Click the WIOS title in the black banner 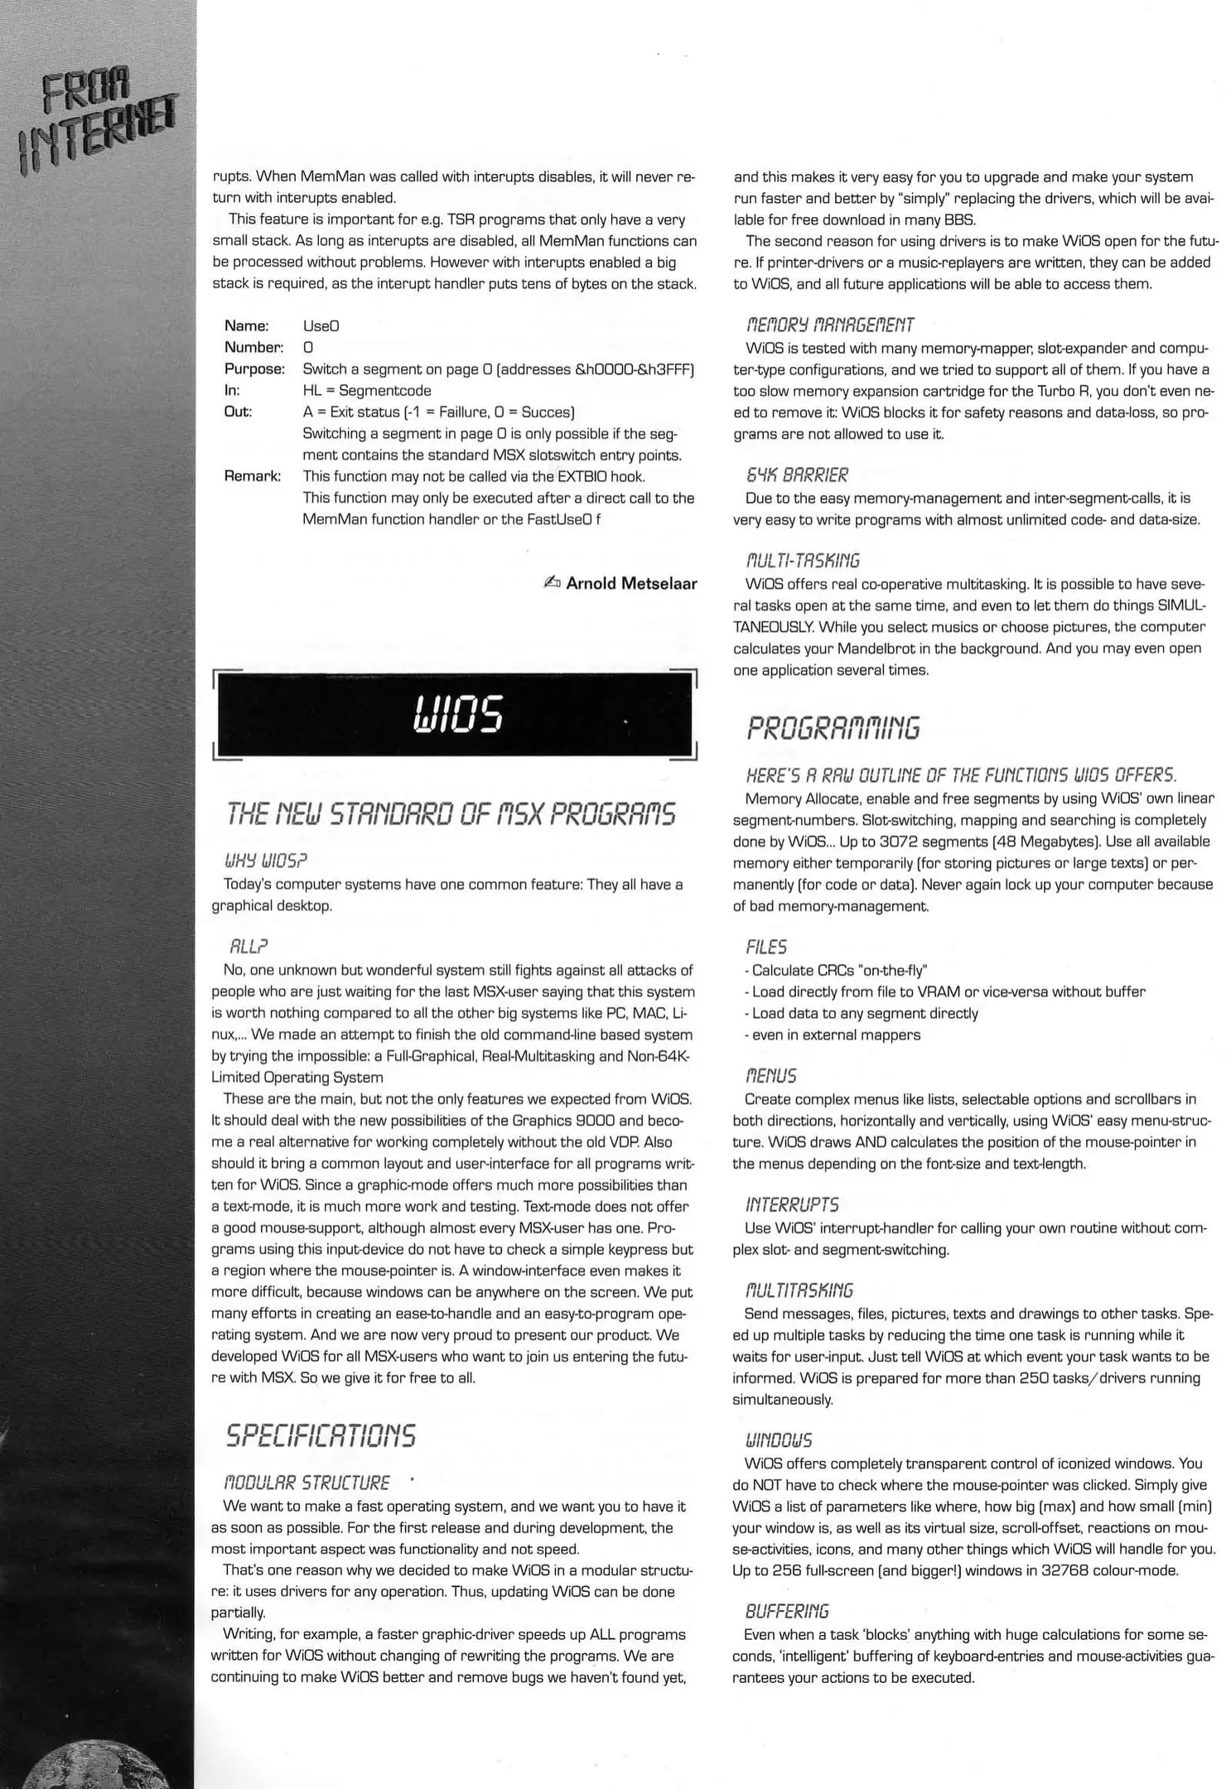pyautogui.click(x=457, y=714)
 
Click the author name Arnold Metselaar pyautogui.click(x=631, y=583)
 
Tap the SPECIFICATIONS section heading pyautogui.click(x=321, y=1435)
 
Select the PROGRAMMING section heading pyautogui.click(x=833, y=729)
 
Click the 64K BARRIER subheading pyautogui.click(x=797, y=475)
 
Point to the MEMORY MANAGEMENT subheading pyautogui.click(x=830, y=325)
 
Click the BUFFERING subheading pyautogui.click(x=786, y=1611)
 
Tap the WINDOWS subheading pyautogui.click(x=779, y=1440)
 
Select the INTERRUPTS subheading pyautogui.click(x=792, y=1204)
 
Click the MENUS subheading pyautogui.click(x=771, y=1076)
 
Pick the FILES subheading pyautogui.click(x=766, y=947)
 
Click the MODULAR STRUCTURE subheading pyautogui.click(x=307, y=1483)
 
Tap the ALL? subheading pyautogui.click(x=249, y=947)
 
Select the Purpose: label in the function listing pyautogui.click(x=254, y=369)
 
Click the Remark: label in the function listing pyautogui.click(x=253, y=476)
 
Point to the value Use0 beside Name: pyautogui.click(x=321, y=325)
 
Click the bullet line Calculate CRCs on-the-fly pyautogui.click(x=837, y=970)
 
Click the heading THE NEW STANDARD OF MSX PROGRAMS pyautogui.click(x=451, y=814)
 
